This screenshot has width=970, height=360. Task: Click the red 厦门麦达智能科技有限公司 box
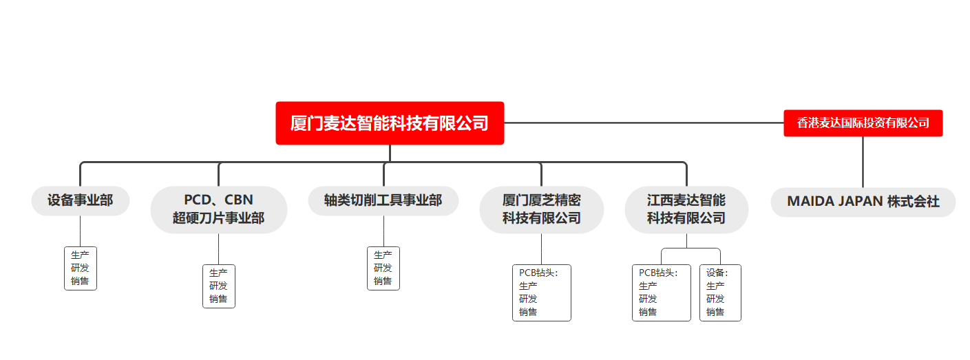pos(390,123)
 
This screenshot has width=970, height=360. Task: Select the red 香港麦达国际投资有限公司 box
pos(863,123)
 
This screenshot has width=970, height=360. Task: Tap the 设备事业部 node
pos(81,200)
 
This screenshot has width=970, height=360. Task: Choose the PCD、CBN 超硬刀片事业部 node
pos(219,210)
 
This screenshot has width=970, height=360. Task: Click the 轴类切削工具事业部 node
pos(383,200)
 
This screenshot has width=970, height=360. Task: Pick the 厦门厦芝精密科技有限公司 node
pos(541,210)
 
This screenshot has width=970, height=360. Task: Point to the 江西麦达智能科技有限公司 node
pos(686,210)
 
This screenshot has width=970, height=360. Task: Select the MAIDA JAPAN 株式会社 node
pos(863,202)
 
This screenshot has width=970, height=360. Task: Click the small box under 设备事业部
pos(81,268)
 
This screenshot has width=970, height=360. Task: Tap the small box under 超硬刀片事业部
pos(219,286)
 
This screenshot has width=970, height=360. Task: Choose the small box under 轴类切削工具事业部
pos(383,268)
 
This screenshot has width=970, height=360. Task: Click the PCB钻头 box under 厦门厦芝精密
pos(541,293)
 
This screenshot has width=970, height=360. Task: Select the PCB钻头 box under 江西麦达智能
pos(662,293)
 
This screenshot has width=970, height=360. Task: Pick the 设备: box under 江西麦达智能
pos(720,293)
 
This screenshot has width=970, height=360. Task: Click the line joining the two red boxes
pos(644,123)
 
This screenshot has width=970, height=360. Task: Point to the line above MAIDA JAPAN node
pos(863,162)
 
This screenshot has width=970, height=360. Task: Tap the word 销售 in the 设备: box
pos(715,312)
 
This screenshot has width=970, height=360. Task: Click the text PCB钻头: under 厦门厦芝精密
pos(538,273)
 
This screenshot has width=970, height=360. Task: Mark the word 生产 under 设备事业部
pos(80,255)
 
